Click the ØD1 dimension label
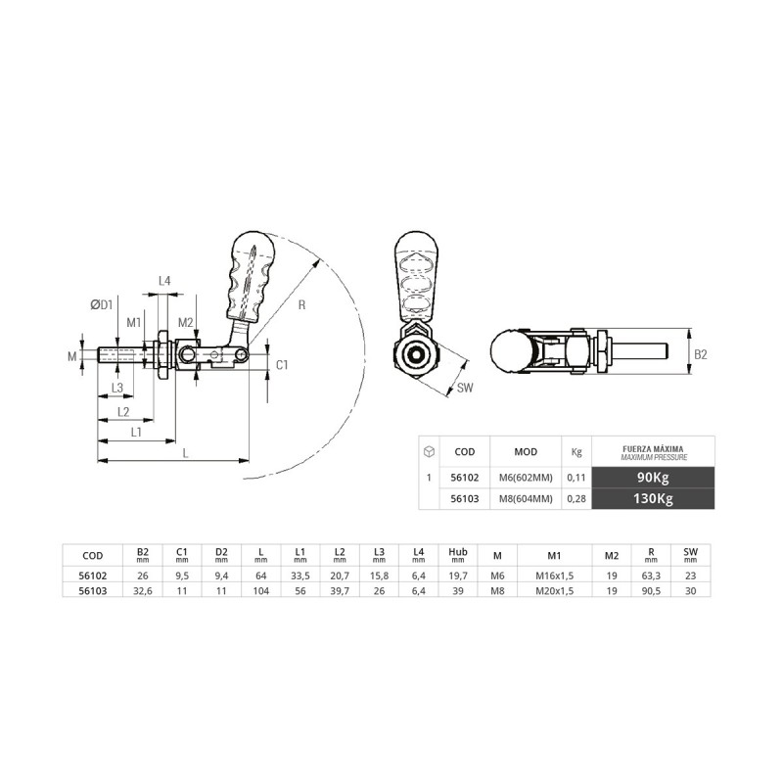(102, 304)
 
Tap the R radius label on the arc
(301, 304)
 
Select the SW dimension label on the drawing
(464, 387)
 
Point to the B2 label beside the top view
(701, 354)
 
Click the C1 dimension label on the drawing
(282, 364)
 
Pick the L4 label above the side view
(164, 281)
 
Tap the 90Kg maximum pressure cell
(653, 478)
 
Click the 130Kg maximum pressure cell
(653, 498)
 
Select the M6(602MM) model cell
(526, 478)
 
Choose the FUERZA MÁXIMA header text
(653, 449)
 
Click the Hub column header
(457, 552)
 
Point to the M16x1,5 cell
(554, 576)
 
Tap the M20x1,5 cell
(554, 591)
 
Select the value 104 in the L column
(260, 591)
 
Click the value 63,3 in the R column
(651, 576)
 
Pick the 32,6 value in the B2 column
(142, 591)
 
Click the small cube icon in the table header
(429, 451)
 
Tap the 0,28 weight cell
(576, 498)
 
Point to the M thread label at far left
(72, 355)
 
